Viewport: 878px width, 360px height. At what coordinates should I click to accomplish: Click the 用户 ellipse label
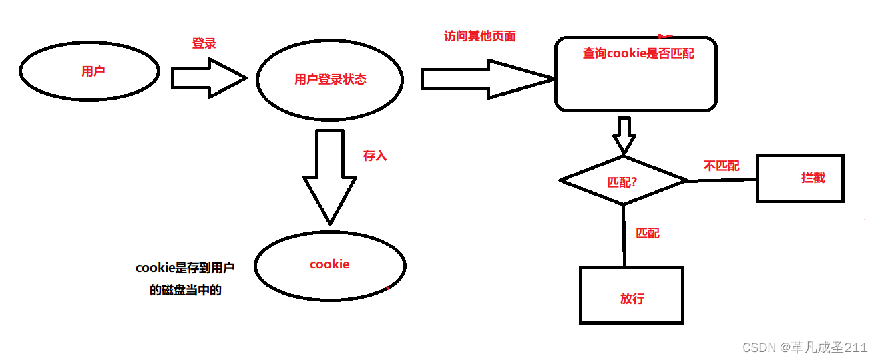(x=93, y=71)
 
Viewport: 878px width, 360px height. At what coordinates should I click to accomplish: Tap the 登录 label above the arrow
(x=204, y=43)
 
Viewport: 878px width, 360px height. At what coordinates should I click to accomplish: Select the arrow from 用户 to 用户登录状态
(x=209, y=78)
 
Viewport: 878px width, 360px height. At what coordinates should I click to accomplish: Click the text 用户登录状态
(x=331, y=79)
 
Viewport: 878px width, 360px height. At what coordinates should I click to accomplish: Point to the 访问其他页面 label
(x=480, y=36)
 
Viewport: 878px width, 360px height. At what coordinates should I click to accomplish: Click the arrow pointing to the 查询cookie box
(x=488, y=79)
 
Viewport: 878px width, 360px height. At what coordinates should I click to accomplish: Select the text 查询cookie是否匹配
(x=638, y=53)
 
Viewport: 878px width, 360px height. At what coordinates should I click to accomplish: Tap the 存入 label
(x=375, y=156)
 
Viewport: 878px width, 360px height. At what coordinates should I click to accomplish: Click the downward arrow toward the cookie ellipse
(x=330, y=177)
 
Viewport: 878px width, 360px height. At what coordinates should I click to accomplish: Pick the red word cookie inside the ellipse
(x=330, y=264)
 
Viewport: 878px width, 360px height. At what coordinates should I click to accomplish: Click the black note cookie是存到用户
(x=185, y=268)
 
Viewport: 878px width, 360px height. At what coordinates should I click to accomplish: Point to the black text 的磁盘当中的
(x=186, y=290)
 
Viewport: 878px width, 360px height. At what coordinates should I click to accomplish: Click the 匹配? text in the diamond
(x=622, y=182)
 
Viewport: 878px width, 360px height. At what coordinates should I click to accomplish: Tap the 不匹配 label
(x=722, y=166)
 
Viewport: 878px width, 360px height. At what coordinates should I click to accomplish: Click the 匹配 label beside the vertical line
(x=648, y=233)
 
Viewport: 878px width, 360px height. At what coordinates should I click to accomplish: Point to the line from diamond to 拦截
(x=722, y=180)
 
